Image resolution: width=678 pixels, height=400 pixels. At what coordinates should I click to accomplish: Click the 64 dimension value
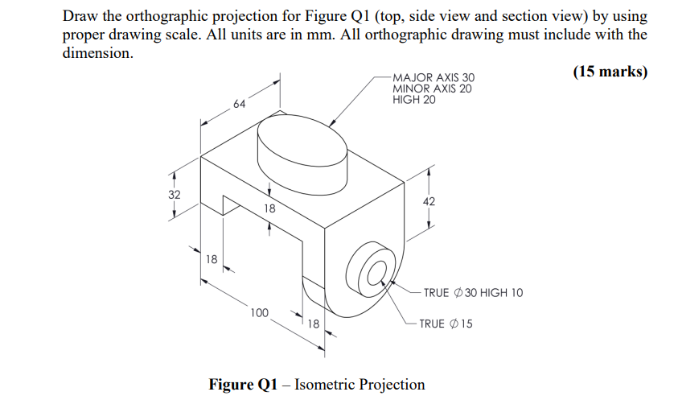coord(239,105)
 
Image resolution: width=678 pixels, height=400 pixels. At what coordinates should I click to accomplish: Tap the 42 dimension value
coord(428,202)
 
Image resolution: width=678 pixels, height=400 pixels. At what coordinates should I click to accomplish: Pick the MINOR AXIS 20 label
coord(433,89)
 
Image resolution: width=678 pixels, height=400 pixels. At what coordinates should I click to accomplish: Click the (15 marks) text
coord(610,71)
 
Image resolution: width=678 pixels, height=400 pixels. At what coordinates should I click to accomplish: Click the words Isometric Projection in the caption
coord(360,383)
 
